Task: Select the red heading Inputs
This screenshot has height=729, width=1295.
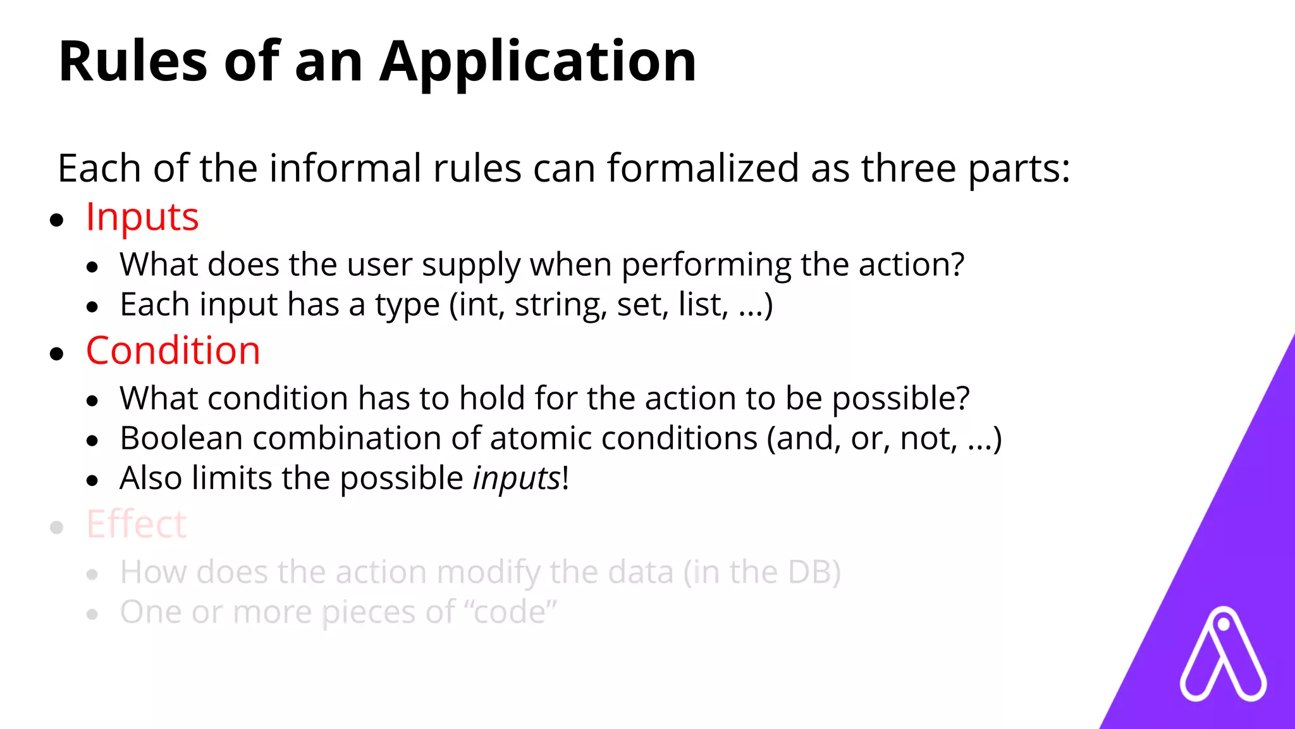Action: coord(142,217)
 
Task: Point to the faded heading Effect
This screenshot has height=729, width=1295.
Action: coord(137,524)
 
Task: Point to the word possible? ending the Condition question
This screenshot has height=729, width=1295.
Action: coord(900,399)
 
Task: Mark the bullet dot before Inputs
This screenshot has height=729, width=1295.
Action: coord(57,220)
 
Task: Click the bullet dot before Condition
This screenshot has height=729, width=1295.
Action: coord(57,354)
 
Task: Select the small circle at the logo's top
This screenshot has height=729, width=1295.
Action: coord(1224,625)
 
